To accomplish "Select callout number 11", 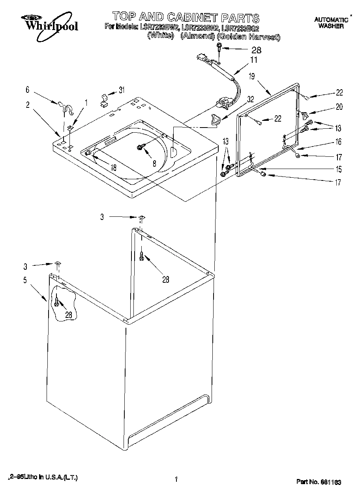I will point(253,60).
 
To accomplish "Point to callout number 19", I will point(251,77).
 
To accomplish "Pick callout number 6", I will point(28,90).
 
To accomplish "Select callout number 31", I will point(122,90).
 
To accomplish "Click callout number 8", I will point(154,162).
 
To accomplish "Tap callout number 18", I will point(113,167).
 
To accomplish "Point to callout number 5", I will point(25,280).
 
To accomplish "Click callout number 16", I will point(338,142).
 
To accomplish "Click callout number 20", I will point(339,107).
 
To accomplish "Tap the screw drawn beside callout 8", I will point(141,147).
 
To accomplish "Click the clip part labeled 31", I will point(104,101).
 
